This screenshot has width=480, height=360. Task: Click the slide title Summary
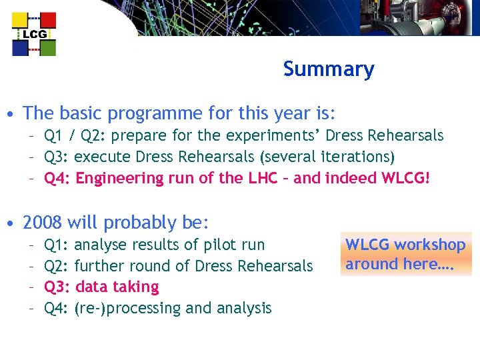(x=328, y=69)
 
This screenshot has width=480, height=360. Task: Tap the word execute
(x=103, y=157)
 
